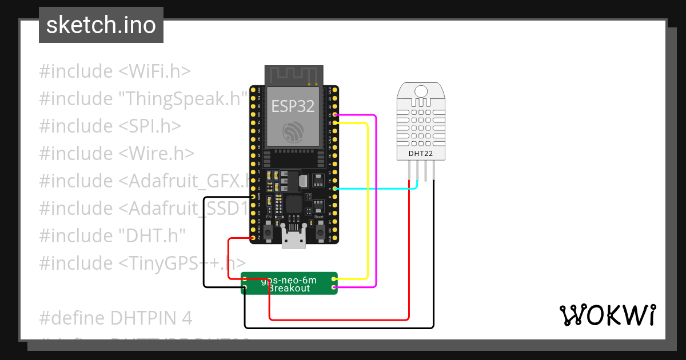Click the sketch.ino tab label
tap(101, 25)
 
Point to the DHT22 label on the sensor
tap(421, 153)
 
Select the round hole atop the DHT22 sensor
tap(421, 91)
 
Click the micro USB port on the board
tap(294, 240)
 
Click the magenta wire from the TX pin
tap(375, 200)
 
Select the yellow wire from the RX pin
tap(366, 200)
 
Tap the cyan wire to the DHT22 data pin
tap(377, 188)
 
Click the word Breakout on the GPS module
tap(289, 289)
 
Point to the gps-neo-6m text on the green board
tap(289, 281)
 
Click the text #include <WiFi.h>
tap(114, 71)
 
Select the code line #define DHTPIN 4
tap(115, 318)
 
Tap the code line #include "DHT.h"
tap(112, 235)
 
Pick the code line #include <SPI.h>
tap(110, 126)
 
